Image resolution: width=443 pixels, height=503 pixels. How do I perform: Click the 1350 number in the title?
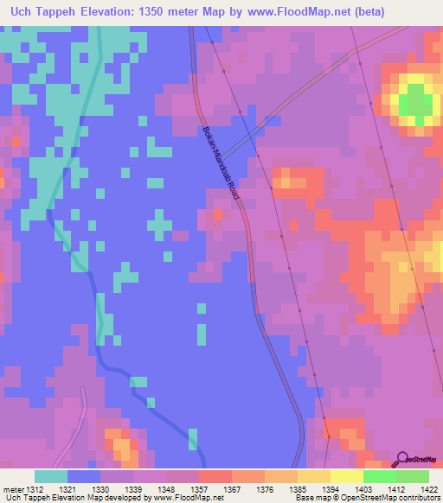click(154, 11)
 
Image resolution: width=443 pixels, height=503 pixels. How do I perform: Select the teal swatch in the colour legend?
click(51, 476)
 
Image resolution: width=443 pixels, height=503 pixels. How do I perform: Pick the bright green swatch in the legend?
click(380, 476)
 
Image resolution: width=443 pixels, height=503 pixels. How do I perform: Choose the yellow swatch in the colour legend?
click(347, 476)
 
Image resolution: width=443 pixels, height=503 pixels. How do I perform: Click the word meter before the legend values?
click(11, 489)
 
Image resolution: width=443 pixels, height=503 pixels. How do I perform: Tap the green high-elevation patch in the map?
click(416, 101)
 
